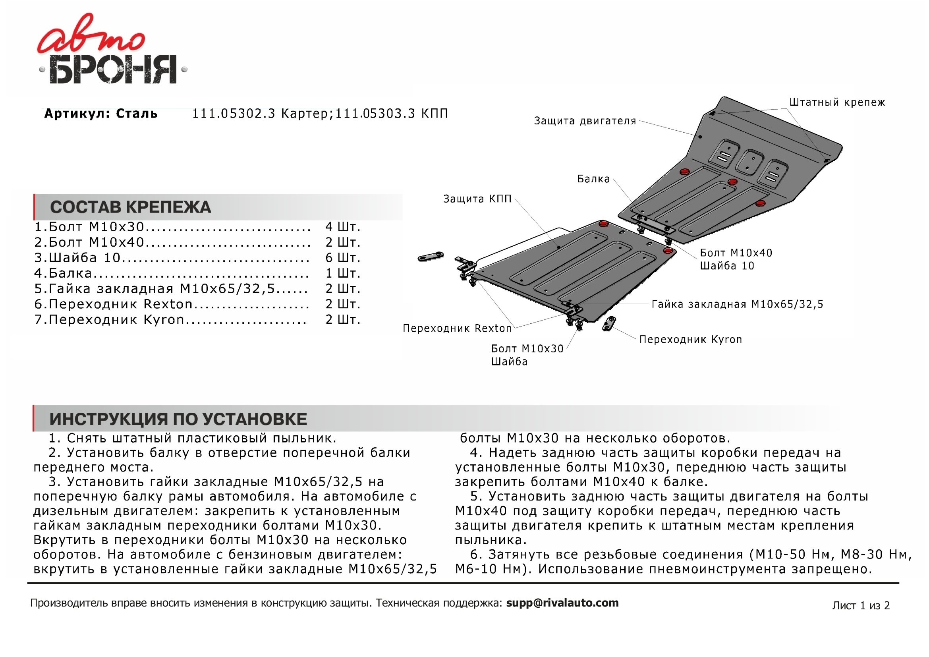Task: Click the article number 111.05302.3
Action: click(234, 114)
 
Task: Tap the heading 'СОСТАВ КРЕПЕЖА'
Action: click(130, 207)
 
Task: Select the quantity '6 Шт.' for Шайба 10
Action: click(343, 258)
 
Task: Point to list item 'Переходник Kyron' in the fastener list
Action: click(116, 320)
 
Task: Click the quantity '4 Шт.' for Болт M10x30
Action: click(343, 226)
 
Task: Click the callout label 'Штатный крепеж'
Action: click(837, 102)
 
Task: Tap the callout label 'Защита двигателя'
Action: click(585, 121)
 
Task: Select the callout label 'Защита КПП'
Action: click(477, 199)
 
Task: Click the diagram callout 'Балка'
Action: click(593, 179)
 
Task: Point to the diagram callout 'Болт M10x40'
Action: click(736, 253)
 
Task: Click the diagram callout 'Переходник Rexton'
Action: click(457, 328)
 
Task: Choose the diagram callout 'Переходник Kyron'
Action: click(690, 339)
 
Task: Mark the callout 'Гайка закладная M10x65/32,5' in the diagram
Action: click(737, 304)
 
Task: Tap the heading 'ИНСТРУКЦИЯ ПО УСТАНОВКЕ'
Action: click(178, 419)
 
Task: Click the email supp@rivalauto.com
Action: click(562, 603)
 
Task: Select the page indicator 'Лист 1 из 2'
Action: click(861, 605)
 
